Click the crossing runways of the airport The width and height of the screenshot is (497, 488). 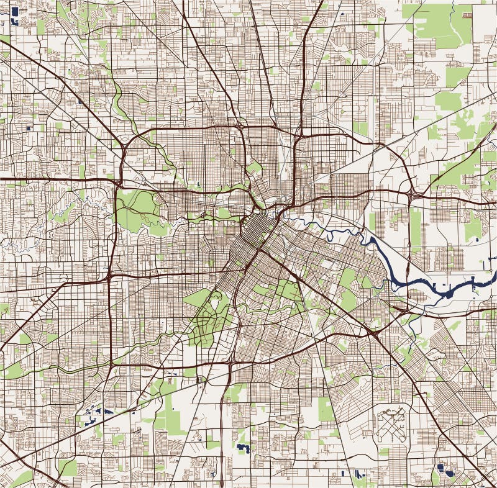click(391, 428)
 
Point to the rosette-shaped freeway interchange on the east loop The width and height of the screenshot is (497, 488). click(413, 195)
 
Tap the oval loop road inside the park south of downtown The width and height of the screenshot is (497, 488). click(216, 304)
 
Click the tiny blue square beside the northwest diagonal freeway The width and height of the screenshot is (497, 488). click(30, 129)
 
